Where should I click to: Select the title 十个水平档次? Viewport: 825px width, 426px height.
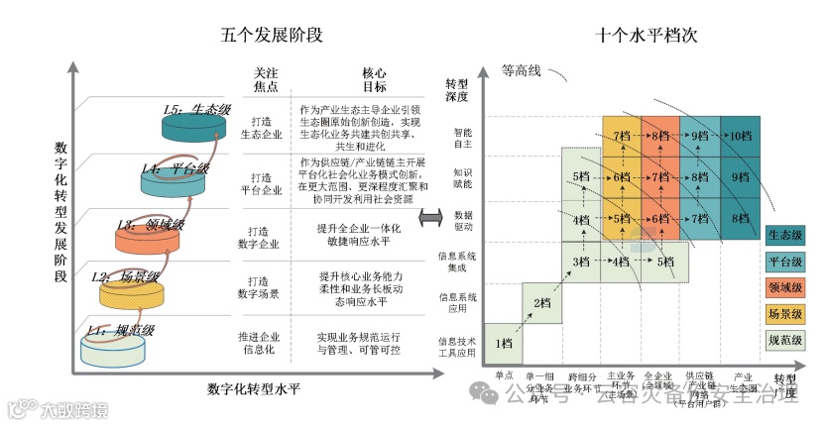648,35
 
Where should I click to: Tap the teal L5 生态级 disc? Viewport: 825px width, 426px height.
196,125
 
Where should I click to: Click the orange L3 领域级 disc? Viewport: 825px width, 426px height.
147,238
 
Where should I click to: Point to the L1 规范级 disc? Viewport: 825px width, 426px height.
115,347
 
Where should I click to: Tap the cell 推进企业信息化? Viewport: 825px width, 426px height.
261,343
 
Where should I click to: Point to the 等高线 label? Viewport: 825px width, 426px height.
522,71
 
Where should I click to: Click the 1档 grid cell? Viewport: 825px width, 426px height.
504,343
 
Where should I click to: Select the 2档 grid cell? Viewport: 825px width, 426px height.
541,303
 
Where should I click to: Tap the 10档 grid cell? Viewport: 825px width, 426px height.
740,136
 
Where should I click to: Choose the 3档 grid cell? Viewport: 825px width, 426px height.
581,262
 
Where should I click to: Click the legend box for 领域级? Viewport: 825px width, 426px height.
784,287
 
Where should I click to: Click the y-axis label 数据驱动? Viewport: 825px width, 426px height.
464,220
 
